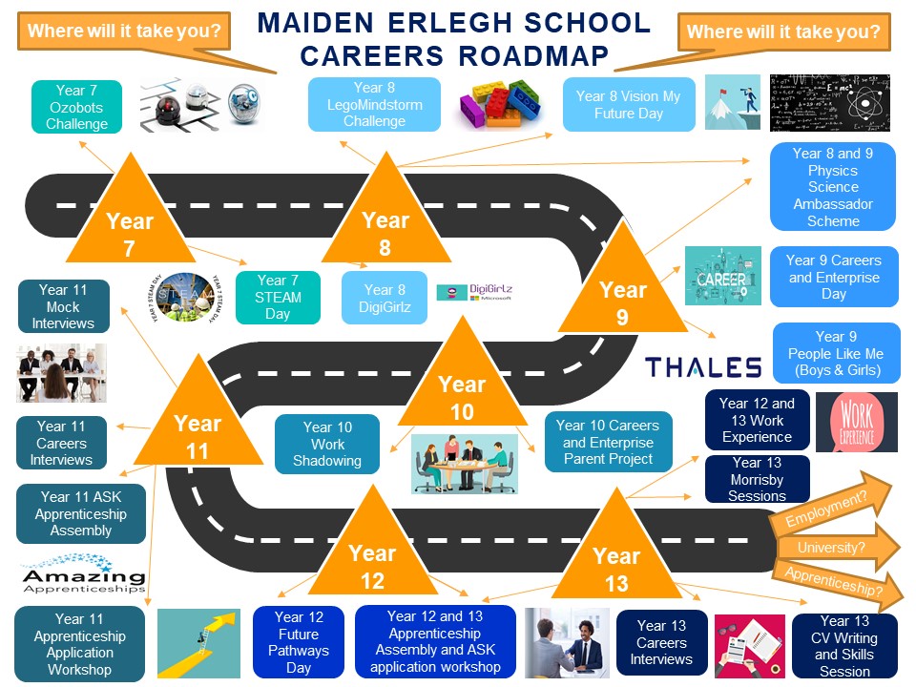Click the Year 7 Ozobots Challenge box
pos(77,107)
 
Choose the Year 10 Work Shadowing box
pos(327,444)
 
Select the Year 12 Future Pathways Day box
pos(299,642)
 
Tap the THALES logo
pos(702,367)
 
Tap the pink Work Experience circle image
pos(856,422)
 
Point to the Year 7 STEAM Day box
pos(278,298)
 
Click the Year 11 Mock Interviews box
pos(63,306)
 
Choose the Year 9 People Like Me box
pos(835,354)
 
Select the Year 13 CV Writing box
pos(844,646)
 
